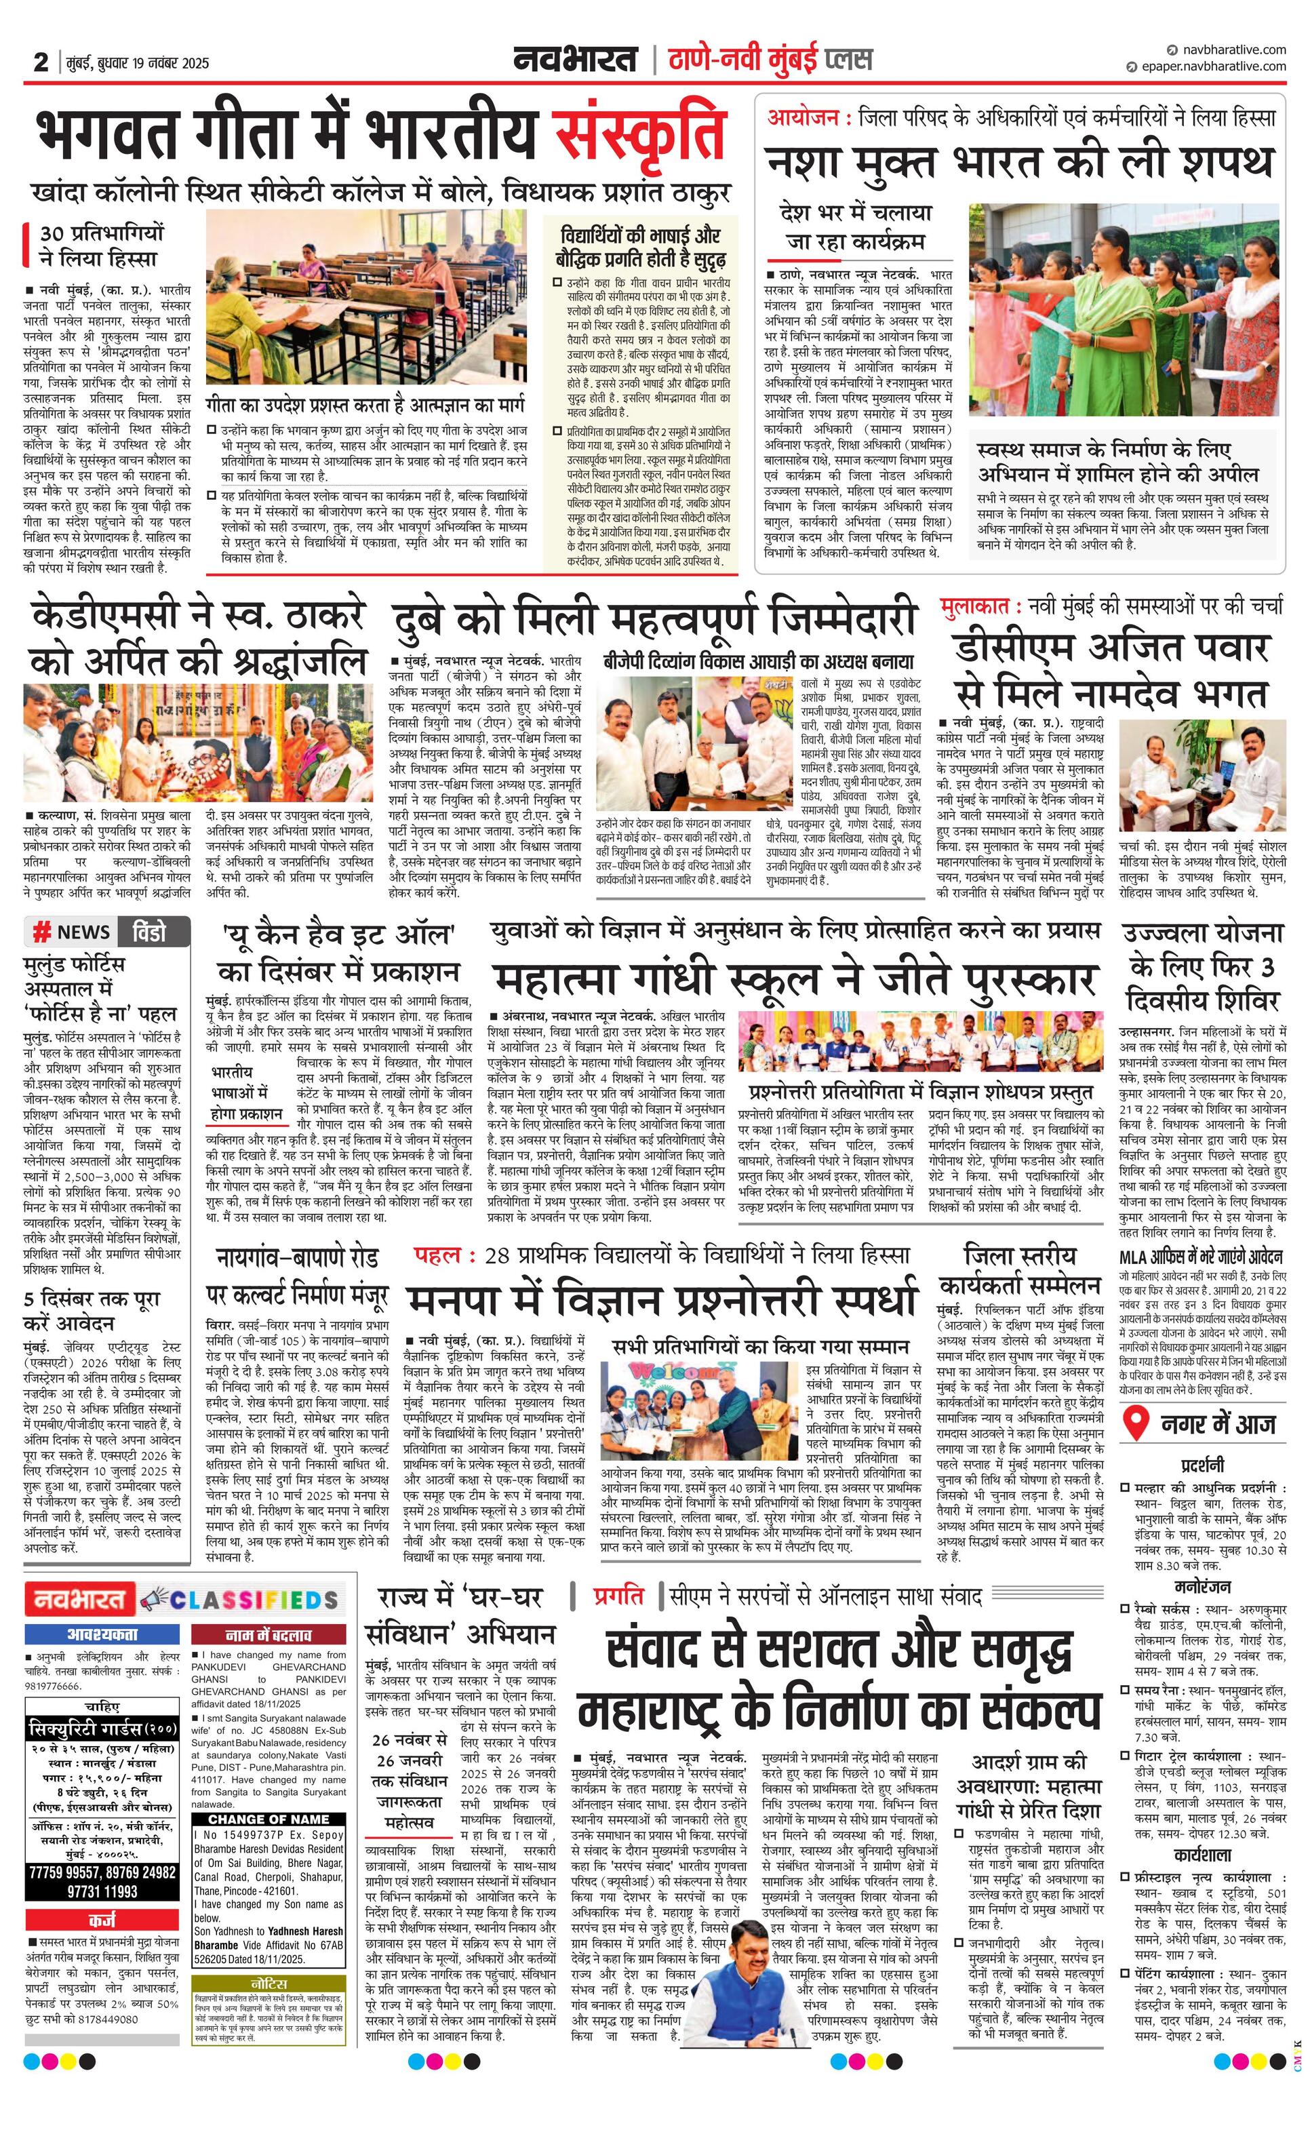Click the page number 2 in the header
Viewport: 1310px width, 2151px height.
coord(41,62)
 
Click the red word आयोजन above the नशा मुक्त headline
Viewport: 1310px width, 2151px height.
coord(803,117)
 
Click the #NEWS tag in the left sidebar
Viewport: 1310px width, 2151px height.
coord(71,932)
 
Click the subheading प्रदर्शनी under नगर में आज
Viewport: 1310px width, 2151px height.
coord(1202,1464)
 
